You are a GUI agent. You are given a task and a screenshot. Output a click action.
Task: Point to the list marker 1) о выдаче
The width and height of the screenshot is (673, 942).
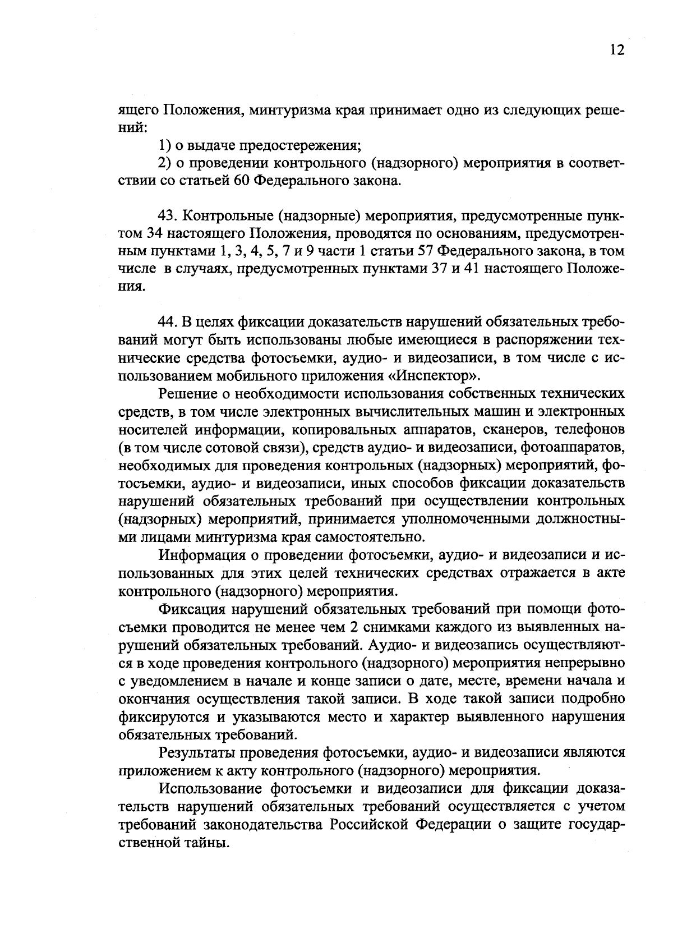tap(164, 145)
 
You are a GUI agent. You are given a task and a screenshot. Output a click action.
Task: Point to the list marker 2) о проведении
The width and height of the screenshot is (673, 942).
tap(164, 163)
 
